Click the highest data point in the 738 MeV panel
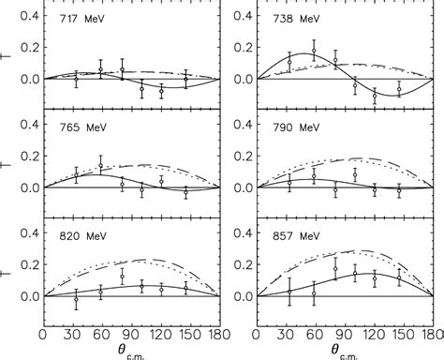click(314, 52)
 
